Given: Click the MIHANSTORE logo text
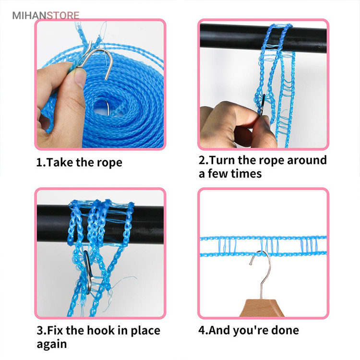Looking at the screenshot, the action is point(46,16).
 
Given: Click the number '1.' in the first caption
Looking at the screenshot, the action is point(41,162).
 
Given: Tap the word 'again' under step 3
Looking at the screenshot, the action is point(52,344).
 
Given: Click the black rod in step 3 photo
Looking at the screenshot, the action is point(100,224).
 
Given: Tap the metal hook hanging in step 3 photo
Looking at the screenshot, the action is point(88,272).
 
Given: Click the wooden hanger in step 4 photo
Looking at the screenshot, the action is point(262,308).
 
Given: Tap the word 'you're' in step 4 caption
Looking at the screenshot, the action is point(254,331).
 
